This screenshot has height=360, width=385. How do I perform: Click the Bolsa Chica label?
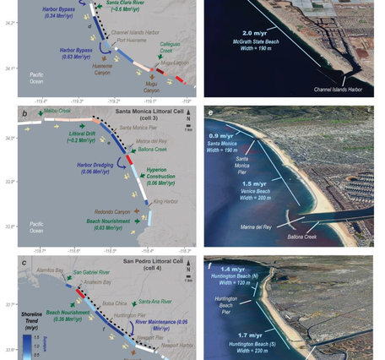[113, 302]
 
